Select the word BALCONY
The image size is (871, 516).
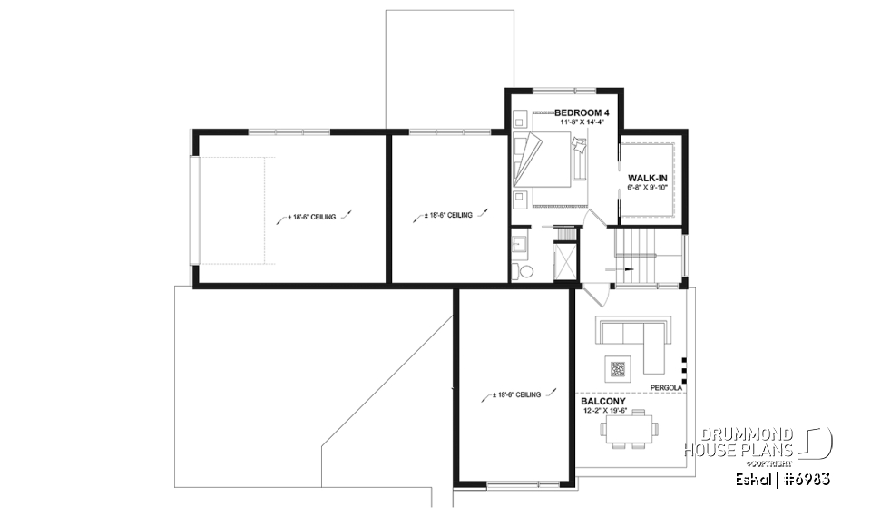click(x=603, y=400)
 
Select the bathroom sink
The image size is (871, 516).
click(x=520, y=243)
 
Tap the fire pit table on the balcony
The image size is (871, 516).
click(x=617, y=368)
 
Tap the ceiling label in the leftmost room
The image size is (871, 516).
click(x=311, y=217)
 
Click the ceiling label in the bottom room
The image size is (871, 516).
click(x=517, y=395)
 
